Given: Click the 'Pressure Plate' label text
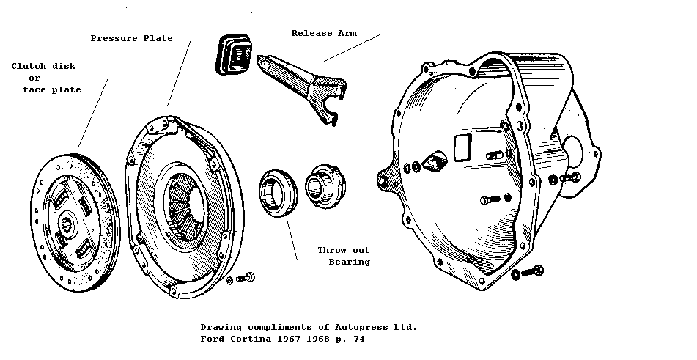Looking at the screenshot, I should pos(131,38).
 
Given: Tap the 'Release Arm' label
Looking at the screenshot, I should pos(323,33).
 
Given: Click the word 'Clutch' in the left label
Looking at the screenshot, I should pos(27,66).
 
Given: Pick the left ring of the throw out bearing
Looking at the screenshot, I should pos(275,192).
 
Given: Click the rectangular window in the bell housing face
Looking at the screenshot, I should pos(462,146).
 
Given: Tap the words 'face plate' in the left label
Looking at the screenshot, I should pos(51,89).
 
